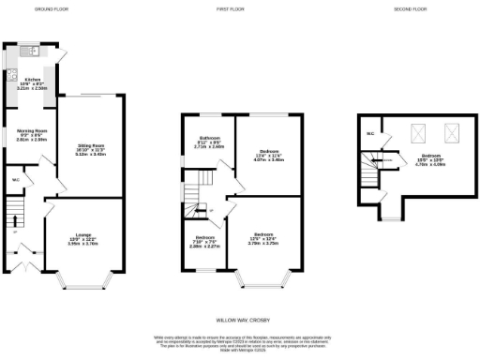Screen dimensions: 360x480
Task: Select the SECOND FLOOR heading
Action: (408, 8)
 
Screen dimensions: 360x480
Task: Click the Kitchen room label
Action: (33, 83)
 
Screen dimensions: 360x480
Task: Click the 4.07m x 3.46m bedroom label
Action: (270, 157)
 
